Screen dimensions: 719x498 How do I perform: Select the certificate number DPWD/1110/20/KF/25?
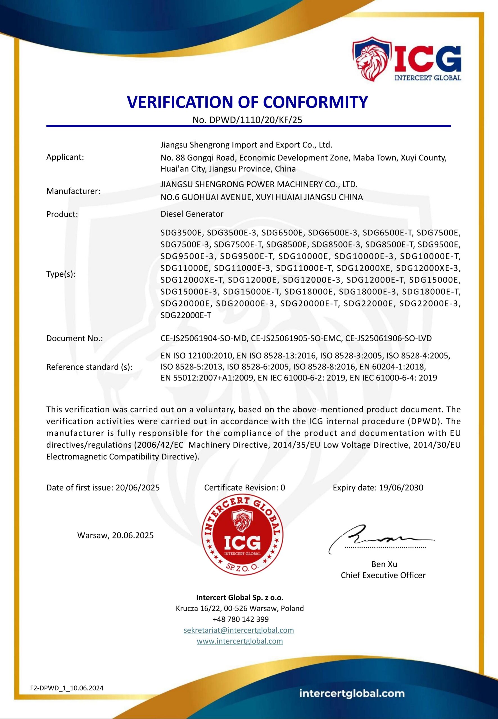pyautogui.click(x=256, y=120)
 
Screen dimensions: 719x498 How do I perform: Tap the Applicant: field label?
pyautogui.click(x=65, y=157)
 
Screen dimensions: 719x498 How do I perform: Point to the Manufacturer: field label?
pyautogui.click(x=73, y=191)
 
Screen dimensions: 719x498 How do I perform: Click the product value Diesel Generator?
pyautogui.click(x=192, y=214)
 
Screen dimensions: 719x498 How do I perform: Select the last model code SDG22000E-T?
pyautogui.click(x=186, y=315)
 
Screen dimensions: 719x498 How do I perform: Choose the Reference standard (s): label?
pyautogui.click(x=89, y=367)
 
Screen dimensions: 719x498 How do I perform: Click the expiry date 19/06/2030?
pyautogui.click(x=401, y=488)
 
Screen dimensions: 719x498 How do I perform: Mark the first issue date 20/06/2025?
pyautogui.click(x=138, y=488)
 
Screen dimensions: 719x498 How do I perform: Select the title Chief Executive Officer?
pyautogui.click(x=383, y=575)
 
